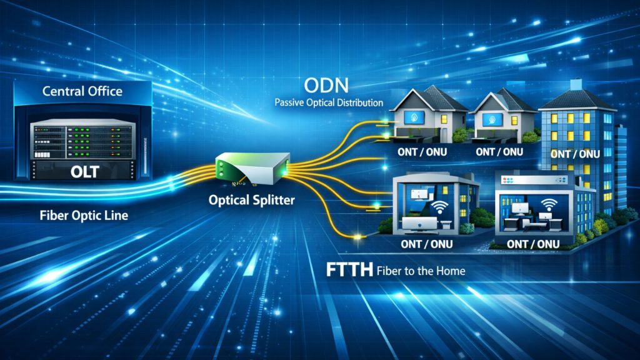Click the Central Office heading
(x=82, y=91)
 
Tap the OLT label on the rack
(x=85, y=172)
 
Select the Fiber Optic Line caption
(x=84, y=215)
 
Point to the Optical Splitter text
(x=251, y=200)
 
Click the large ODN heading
(x=326, y=86)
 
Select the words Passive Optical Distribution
(x=329, y=102)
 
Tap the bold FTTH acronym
(x=350, y=270)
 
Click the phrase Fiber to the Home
(x=421, y=271)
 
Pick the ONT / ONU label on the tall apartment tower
(x=575, y=154)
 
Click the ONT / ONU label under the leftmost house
(x=422, y=152)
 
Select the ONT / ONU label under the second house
(x=499, y=152)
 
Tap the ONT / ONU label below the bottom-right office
(x=533, y=244)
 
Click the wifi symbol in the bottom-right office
(x=549, y=204)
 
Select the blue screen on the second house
(x=492, y=119)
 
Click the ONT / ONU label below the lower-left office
(x=427, y=244)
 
